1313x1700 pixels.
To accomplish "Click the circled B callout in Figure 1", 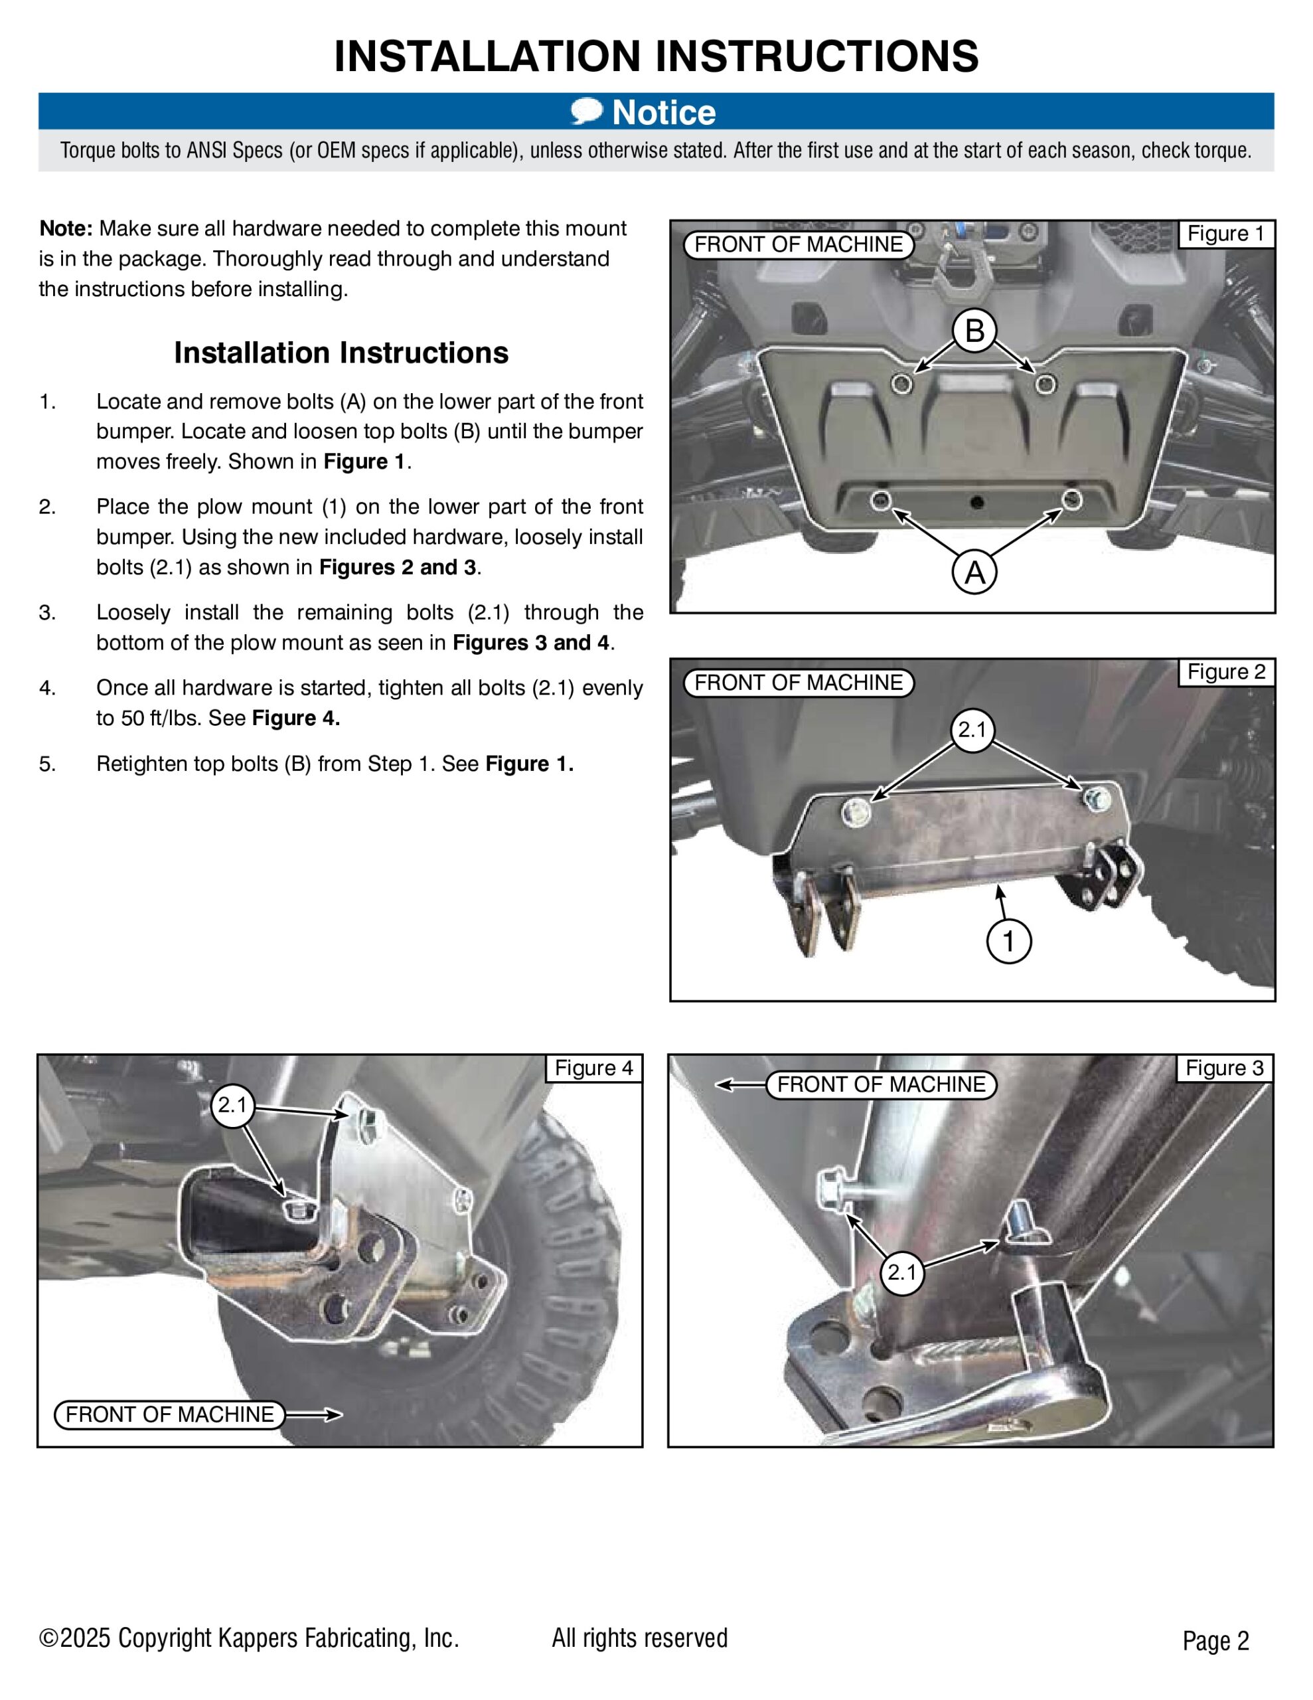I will [x=974, y=331].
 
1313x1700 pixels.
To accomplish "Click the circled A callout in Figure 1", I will [x=974, y=573].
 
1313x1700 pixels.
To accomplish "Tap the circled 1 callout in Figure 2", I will [x=1009, y=941].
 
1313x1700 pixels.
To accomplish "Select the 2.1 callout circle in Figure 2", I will [x=971, y=730].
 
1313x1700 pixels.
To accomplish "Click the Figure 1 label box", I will [x=1226, y=234].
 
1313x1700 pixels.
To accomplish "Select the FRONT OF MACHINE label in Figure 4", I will [x=170, y=1414].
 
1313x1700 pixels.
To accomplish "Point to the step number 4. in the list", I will [x=48, y=688].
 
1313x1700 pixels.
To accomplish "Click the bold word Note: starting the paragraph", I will [x=66, y=229].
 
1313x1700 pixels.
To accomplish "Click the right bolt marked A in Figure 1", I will [x=1072, y=499].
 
